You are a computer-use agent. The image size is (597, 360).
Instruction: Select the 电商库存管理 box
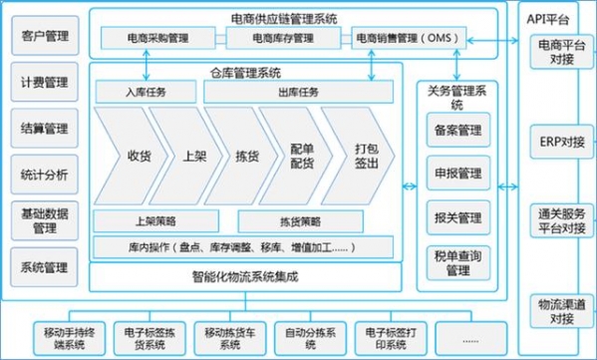click(285, 39)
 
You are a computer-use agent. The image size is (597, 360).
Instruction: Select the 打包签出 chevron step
click(365, 157)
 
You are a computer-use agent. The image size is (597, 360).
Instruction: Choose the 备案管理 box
click(458, 130)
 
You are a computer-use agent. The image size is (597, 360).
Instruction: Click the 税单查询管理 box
click(458, 262)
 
